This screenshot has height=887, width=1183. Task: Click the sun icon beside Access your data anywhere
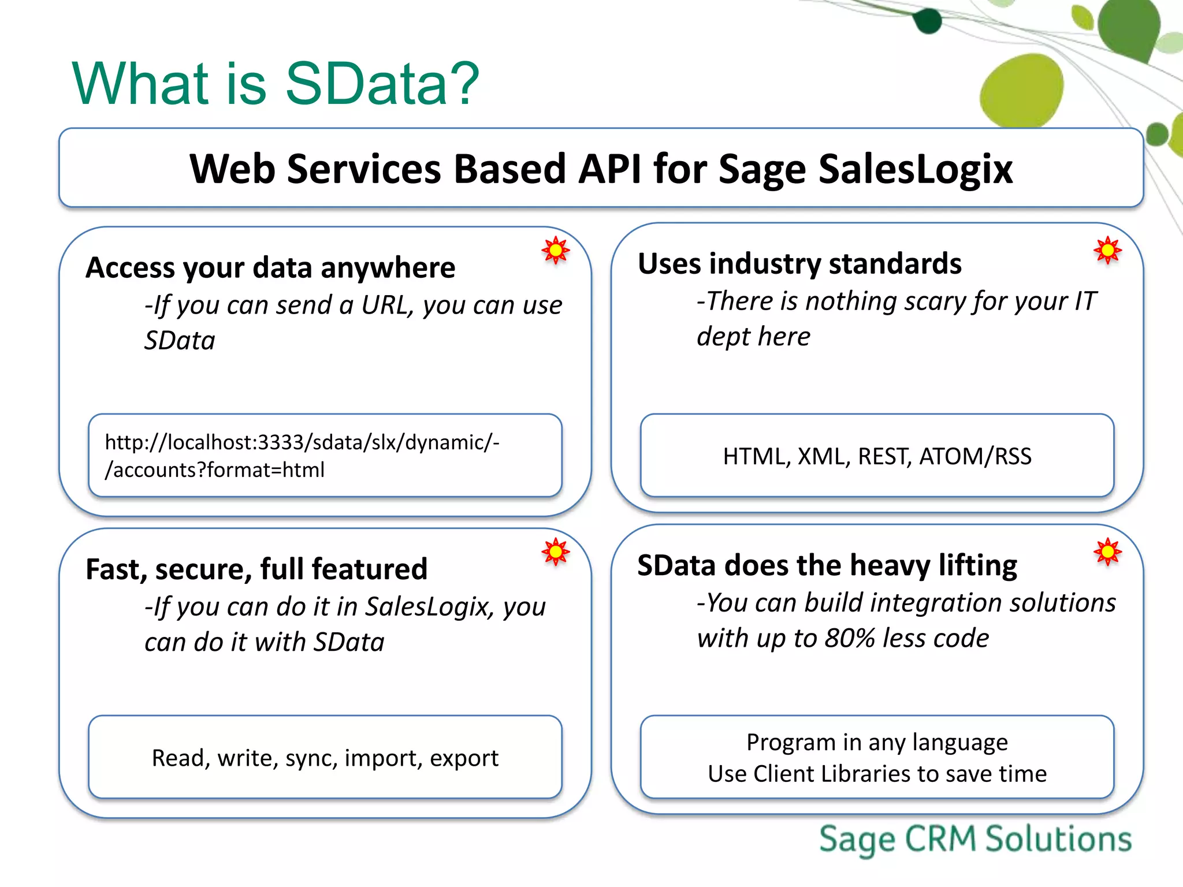[556, 250]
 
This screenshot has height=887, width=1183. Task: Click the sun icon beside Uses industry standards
[1107, 250]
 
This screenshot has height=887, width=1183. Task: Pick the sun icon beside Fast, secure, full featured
[556, 552]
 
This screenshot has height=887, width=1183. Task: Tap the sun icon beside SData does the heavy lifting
[1107, 552]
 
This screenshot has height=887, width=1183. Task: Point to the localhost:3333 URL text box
[325, 456]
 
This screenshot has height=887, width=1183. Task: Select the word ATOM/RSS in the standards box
[975, 456]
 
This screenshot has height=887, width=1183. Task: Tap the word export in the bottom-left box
[464, 758]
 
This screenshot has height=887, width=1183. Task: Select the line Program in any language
[877, 742]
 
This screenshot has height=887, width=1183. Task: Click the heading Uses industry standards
[799, 264]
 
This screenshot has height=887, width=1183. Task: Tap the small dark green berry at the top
[929, 21]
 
